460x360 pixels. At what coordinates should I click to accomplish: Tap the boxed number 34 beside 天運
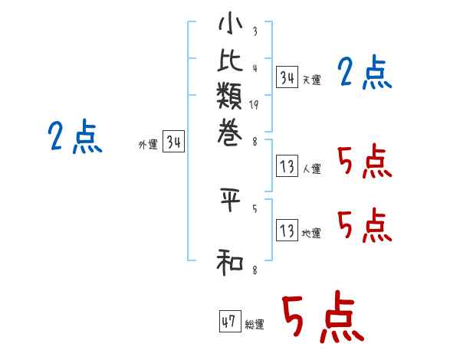[287, 77]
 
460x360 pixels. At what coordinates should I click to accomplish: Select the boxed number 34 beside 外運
[173, 142]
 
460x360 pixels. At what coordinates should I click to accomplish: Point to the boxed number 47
[229, 322]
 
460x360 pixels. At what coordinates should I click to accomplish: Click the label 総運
[255, 325]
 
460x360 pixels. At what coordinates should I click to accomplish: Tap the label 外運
[148, 144]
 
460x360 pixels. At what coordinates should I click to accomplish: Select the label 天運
[312, 80]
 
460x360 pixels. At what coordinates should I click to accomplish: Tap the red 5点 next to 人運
[364, 162]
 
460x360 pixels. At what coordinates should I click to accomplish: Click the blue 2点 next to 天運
[364, 74]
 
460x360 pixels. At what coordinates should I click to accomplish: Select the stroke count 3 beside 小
[255, 31]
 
